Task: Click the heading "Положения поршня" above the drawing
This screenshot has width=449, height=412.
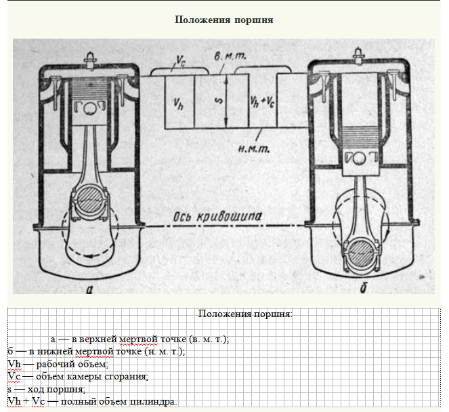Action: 223,20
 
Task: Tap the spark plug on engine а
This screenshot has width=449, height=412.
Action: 90,60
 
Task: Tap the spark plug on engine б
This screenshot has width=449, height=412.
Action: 358,56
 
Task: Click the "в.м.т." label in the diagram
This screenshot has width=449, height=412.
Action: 230,56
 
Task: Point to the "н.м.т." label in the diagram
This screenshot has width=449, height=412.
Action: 254,148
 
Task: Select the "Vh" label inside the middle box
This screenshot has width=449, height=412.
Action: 178,104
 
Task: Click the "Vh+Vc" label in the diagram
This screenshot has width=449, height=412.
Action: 262,102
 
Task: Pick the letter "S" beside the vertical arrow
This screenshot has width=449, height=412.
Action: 219,100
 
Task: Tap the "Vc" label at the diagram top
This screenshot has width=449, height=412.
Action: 180,61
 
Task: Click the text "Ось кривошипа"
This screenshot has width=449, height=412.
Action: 217,216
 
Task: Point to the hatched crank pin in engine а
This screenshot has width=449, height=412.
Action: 90,200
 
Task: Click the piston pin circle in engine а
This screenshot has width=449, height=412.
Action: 91,108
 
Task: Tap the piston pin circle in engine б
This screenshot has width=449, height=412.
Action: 359,159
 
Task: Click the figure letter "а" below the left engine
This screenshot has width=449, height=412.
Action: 89,290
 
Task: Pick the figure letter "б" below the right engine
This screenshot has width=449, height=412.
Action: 363,288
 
